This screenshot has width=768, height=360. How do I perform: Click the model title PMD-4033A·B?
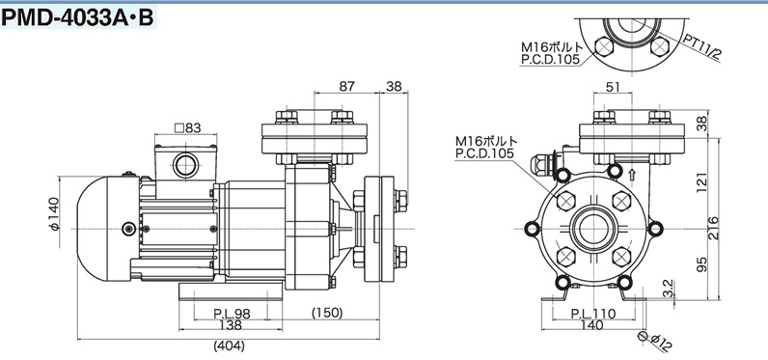coord(78,17)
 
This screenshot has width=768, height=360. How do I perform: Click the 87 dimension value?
coord(346,86)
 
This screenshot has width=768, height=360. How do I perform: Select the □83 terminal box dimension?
coord(187,127)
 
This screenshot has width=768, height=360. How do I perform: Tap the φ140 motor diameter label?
coord(53,213)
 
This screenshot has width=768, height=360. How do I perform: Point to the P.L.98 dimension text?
coord(233,314)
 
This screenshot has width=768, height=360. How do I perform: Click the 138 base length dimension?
coord(231,325)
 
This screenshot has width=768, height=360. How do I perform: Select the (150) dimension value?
coord(327,313)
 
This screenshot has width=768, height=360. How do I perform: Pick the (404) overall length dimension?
coord(229,346)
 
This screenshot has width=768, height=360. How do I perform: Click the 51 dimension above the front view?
coord(613,87)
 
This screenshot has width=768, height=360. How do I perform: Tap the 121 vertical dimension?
coord(702,181)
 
